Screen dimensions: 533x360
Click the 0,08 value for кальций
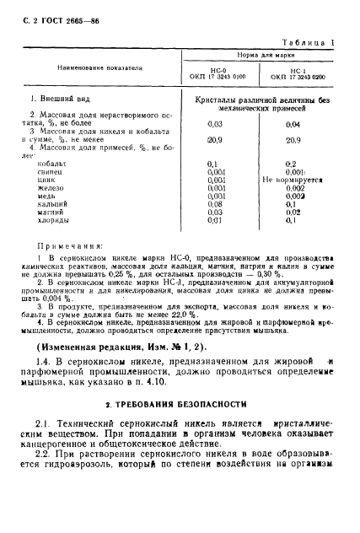tap(213, 204)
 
